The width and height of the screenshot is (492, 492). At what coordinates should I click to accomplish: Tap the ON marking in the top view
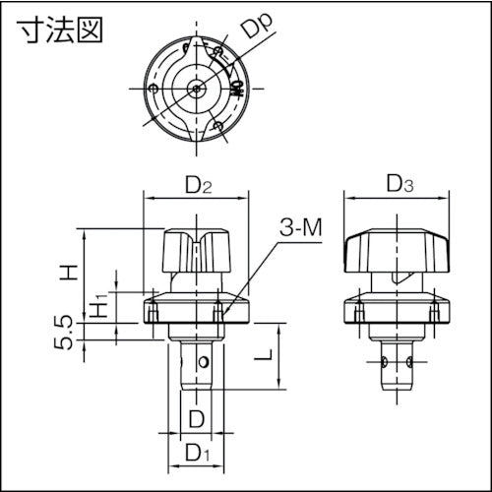(236, 90)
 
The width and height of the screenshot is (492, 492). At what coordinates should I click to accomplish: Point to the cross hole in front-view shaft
(203, 364)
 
